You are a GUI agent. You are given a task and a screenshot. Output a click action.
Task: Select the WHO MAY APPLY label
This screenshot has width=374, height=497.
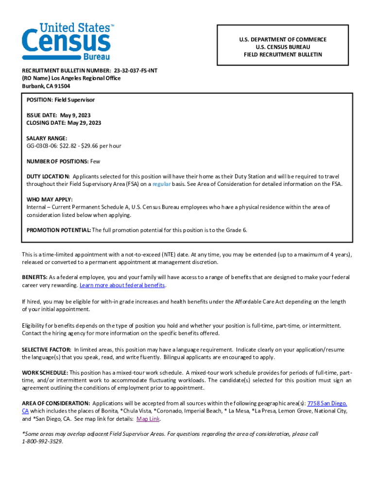(49, 199)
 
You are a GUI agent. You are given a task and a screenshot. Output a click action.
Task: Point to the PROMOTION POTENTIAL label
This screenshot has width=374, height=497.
(58, 230)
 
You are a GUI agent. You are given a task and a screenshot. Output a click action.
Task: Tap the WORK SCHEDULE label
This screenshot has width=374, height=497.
(45, 373)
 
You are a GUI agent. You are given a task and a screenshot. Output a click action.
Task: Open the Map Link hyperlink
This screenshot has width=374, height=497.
(148, 419)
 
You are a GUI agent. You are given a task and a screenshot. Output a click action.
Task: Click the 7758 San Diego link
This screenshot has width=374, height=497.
(327, 403)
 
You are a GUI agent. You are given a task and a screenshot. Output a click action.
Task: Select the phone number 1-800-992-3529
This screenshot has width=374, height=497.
(42, 442)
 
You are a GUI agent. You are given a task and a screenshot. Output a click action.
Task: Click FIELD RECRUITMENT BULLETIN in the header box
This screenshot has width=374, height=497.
(283, 55)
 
